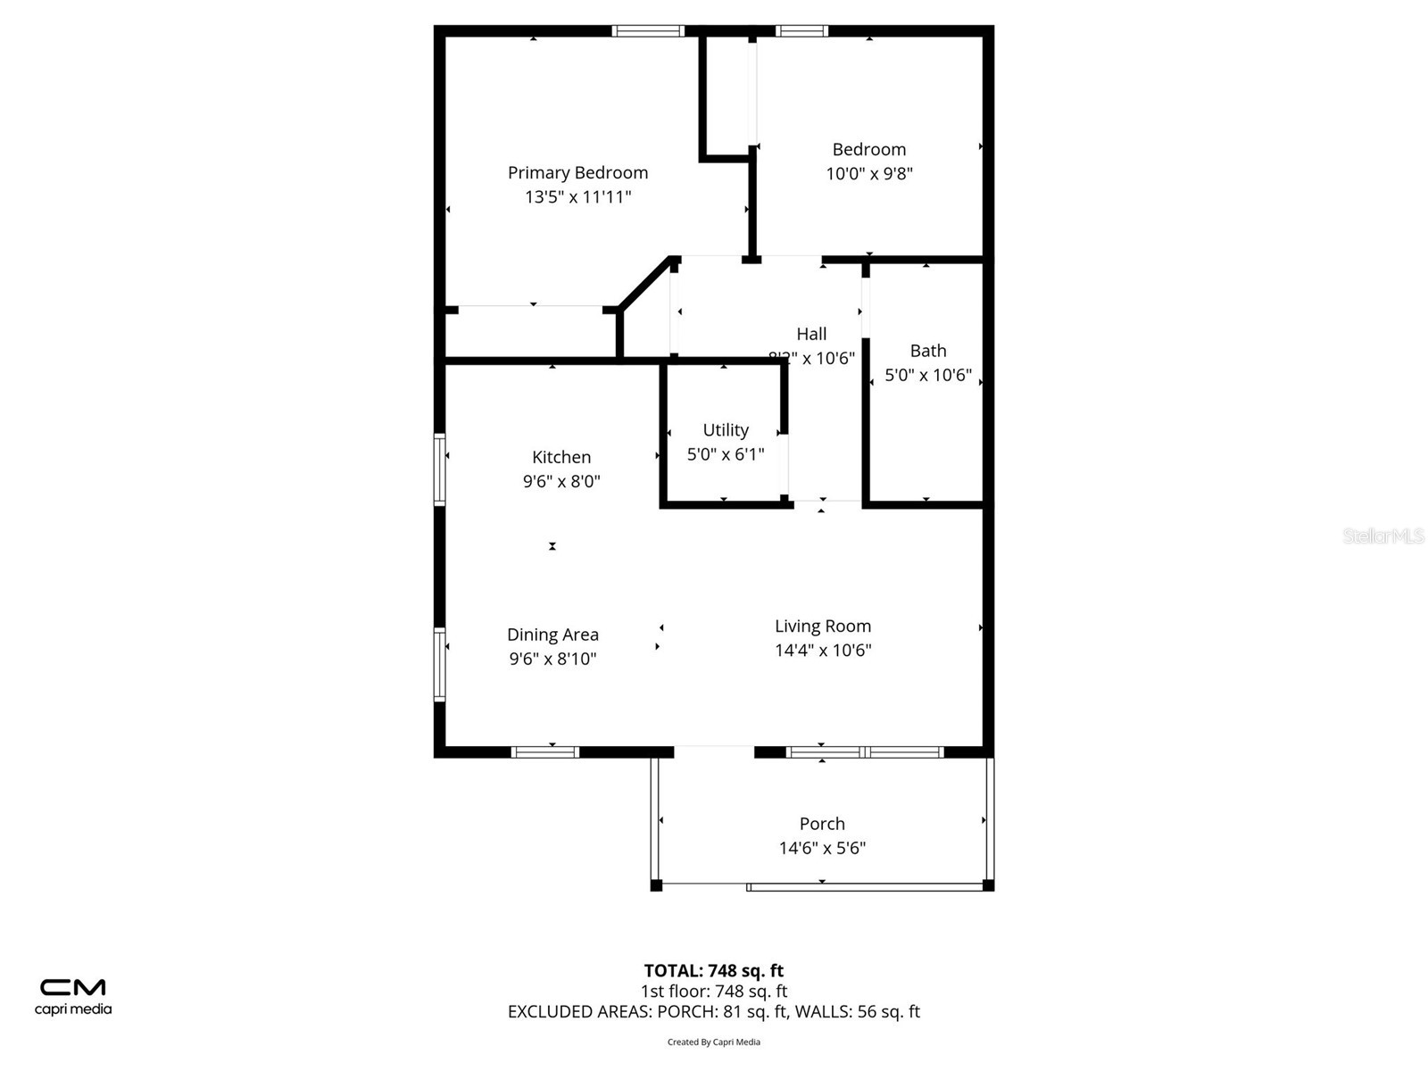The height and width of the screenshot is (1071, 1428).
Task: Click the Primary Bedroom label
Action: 577,172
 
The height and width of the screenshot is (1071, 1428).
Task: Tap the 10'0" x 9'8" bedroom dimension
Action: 868,173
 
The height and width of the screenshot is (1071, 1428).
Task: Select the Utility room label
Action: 726,430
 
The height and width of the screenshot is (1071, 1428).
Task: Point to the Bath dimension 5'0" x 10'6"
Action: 927,375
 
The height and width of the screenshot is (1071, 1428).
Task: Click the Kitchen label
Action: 561,457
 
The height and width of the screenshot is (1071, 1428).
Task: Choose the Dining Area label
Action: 552,635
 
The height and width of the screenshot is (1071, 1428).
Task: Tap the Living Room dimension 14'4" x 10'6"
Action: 822,650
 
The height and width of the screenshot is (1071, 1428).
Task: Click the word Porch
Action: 822,824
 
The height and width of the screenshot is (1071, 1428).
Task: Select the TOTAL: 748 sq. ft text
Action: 713,970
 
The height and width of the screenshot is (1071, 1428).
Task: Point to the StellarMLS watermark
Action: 1382,535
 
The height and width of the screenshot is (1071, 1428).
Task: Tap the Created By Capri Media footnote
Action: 713,1042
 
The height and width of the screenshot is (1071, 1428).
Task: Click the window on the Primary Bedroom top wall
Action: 648,31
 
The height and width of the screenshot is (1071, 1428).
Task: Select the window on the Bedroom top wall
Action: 801,31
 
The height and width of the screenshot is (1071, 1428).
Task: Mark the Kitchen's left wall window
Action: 439,469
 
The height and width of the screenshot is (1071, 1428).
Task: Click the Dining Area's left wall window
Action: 439,664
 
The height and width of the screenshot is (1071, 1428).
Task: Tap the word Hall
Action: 811,334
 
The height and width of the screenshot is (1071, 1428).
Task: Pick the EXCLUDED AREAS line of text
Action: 713,1011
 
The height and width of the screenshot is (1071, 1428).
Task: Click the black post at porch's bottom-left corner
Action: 656,885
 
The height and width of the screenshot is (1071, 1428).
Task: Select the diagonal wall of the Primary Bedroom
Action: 645,284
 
